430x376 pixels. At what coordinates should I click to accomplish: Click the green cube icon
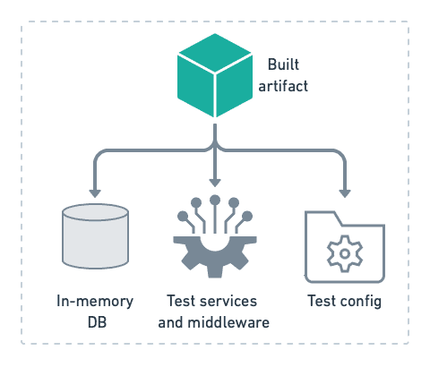click(215, 75)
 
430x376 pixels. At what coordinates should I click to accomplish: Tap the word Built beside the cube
click(283, 64)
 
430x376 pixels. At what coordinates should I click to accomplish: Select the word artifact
click(283, 86)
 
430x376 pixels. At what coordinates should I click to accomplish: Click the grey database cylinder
click(95, 236)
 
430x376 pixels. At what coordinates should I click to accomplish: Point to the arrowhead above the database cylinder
click(95, 193)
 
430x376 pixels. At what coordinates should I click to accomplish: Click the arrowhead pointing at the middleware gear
click(215, 183)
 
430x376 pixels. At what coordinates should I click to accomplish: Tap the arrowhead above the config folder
click(345, 193)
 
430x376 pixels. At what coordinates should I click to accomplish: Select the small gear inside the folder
click(345, 253)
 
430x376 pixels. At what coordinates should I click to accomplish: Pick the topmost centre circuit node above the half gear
click(215, 201)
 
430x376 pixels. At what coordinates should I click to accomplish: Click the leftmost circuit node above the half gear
click(183, 217)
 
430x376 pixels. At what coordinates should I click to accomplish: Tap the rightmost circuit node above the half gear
click(247, 217)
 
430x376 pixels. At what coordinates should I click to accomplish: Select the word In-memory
click(95, 302)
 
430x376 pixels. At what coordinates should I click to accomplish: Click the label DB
click(97, 322)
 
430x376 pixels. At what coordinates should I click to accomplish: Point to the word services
click(233, 301)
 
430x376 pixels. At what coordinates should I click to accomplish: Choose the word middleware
click(228, 322)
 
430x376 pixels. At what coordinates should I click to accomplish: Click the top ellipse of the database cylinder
click(95, 212)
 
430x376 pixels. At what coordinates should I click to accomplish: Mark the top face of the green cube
click(215, 53)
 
